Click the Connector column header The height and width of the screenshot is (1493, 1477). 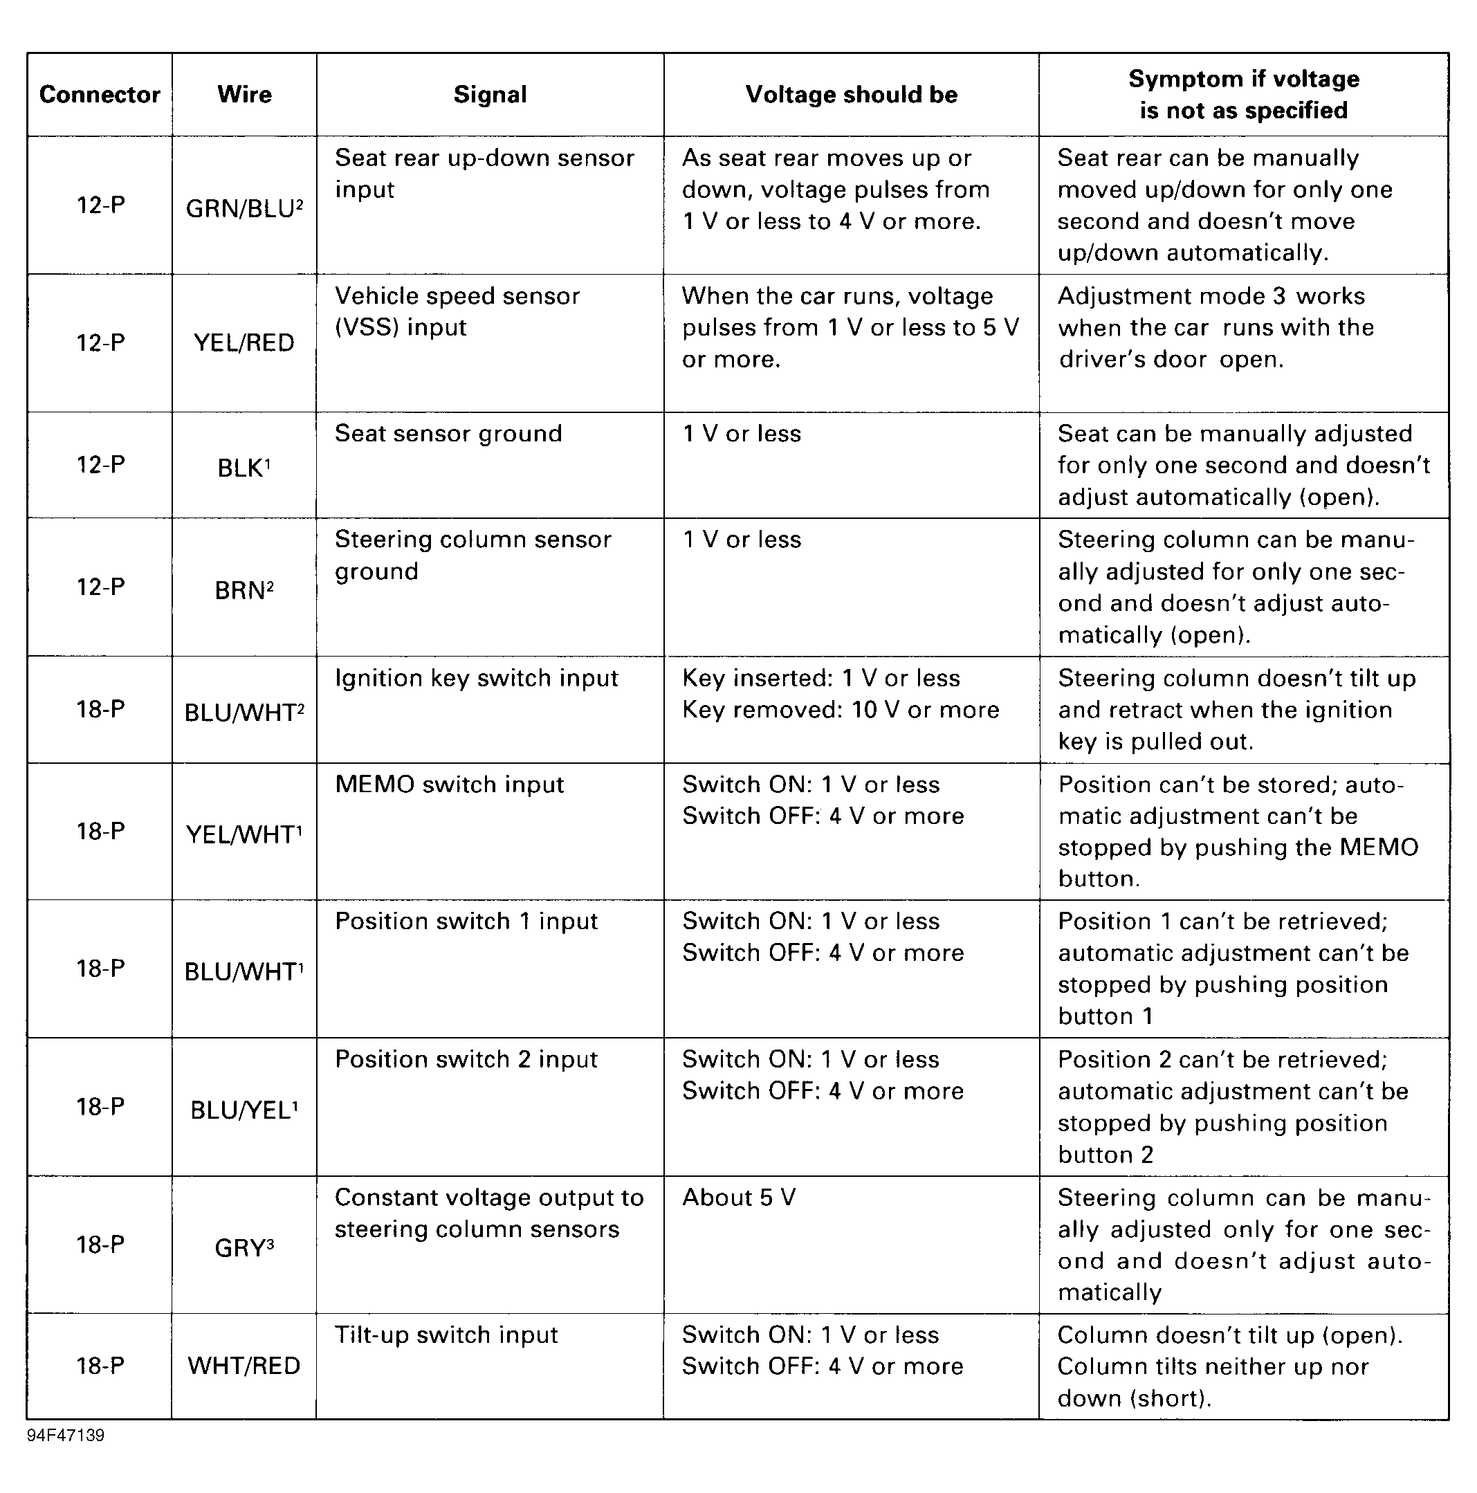(100, 94)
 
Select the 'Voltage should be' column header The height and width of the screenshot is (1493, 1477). (851, 94)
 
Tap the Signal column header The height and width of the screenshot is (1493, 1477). (490, 94)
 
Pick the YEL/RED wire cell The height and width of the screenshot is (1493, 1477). (244, 342)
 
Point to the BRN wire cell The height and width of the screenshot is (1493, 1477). (244, 590)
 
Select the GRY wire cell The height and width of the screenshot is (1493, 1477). (244, 1248)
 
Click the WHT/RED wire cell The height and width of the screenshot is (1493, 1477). (244, 1366)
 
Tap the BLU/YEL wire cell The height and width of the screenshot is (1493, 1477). (244, 1110)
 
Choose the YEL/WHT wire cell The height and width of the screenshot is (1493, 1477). (244, 834)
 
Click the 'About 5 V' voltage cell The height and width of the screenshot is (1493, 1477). (738, 1198)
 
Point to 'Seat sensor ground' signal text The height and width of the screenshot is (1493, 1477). (448, 434)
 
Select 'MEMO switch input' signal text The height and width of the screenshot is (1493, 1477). (449, 785)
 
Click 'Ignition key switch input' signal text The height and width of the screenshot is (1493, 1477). (476, 678)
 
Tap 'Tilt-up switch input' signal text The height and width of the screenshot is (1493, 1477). (446, 1335)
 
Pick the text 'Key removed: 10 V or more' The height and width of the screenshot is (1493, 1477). (840, 709)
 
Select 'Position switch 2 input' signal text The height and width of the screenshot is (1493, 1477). (466, 1059)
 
